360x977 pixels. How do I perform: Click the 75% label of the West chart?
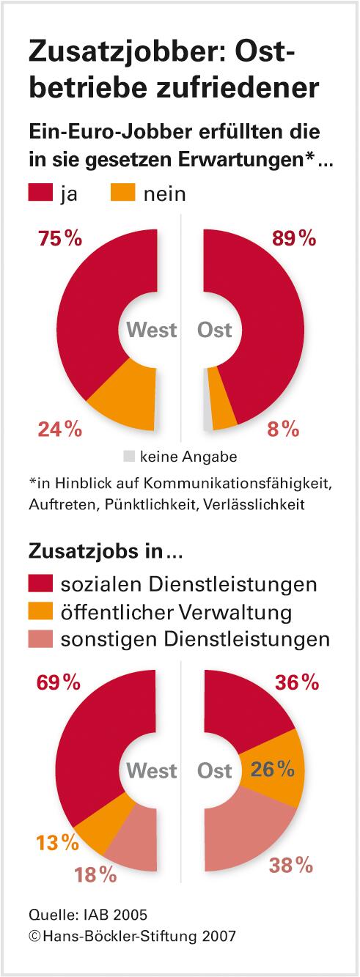pos(59,239)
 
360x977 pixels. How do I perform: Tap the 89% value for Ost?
pos(293,239)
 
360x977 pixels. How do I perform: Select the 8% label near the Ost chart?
pos(283,429)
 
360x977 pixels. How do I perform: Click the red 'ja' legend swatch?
pos(40,193)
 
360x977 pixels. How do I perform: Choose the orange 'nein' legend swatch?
pos(122,193)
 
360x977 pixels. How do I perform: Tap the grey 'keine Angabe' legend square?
pos(129,456)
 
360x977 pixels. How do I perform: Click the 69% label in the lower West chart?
pos(58,682)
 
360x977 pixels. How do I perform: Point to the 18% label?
pos(95,874)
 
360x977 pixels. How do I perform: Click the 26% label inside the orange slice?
pos(273,769)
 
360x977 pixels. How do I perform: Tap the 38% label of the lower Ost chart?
pos(292,866)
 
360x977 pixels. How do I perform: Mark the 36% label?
pos(297,682)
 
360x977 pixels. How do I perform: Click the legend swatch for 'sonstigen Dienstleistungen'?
pos(40,638)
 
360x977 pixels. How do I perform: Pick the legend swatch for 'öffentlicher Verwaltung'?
pos(40,611)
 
